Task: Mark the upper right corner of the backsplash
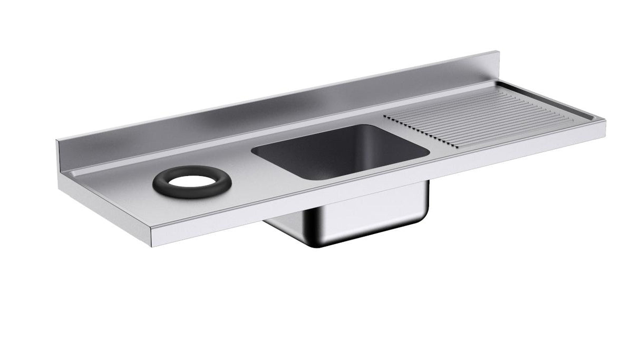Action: [498, 52]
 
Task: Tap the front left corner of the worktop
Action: [150, 232]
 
